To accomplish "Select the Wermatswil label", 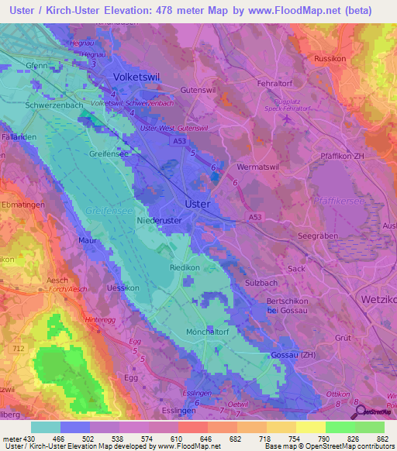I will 257,167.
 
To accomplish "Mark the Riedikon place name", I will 185,267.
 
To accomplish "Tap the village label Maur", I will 88,241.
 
